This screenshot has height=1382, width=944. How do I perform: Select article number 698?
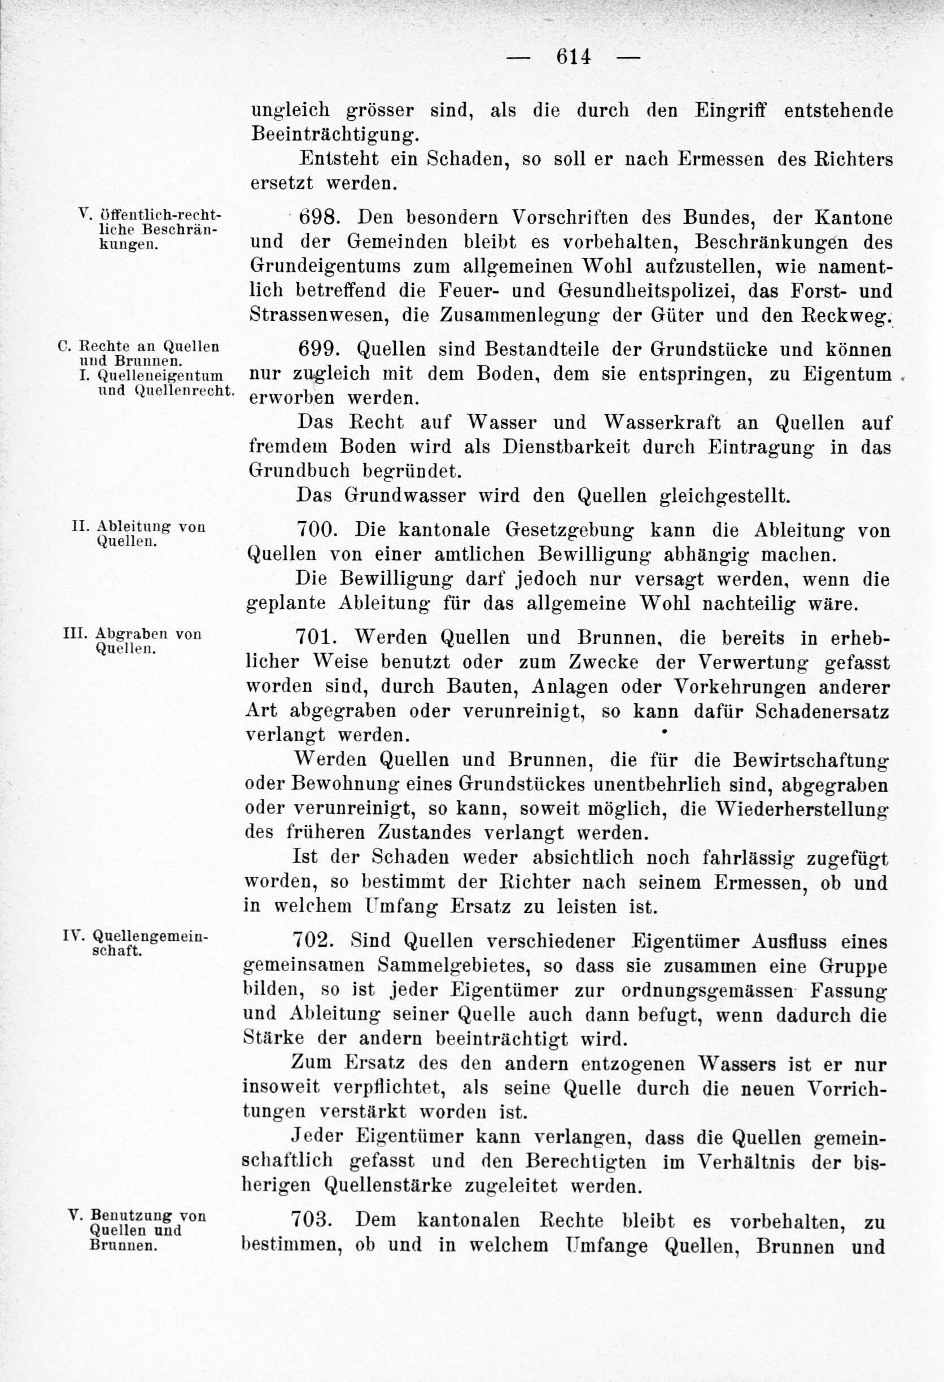[x=318, y=218]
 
